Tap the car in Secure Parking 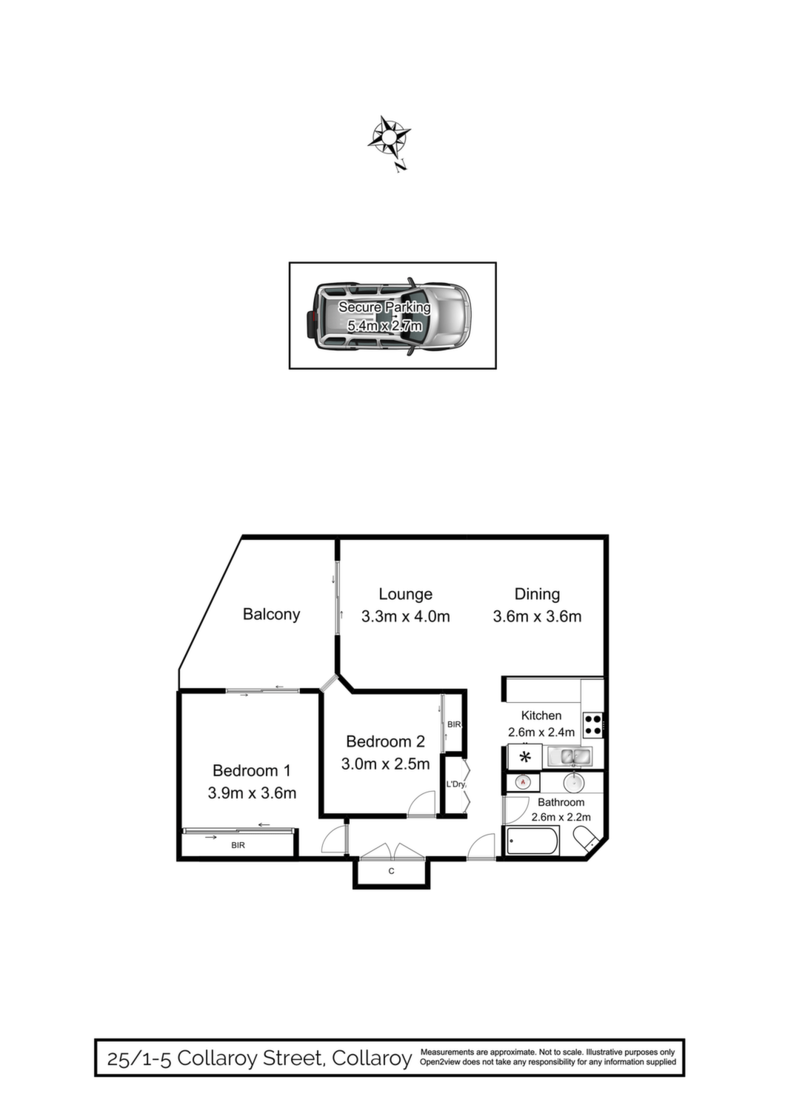click(390, 316)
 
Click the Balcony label click(271, 615)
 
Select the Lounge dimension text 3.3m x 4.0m click(406, 616)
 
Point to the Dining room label click(537, 594)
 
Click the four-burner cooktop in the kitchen click(592, 724)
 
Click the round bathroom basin click(574, 783)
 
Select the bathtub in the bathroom click(531, 841)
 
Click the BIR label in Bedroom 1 click(238, 845)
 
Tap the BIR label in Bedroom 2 click(454, 724)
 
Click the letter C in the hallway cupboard click(391, 871)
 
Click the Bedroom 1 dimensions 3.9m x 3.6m click(252, 793)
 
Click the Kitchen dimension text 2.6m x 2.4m click(541, 732)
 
